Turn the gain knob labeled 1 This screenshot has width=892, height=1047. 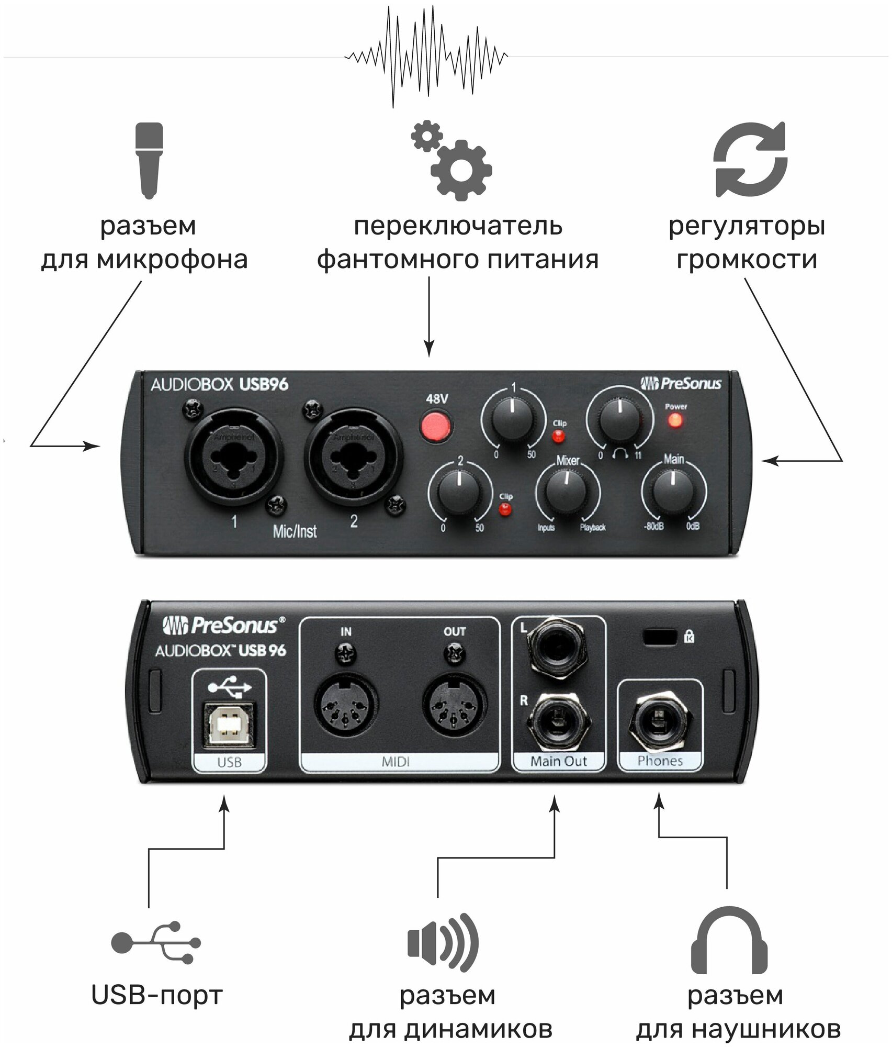pos(514,421)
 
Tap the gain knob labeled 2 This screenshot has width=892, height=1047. pos(460,494)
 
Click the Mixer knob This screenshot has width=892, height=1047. pos(568,494)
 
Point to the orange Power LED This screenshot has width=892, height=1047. pos(675,420)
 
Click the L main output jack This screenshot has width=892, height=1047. pos(558,645)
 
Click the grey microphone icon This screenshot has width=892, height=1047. pos(149,160)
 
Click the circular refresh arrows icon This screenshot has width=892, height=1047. pos(750,160)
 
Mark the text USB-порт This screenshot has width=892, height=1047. pos(157,995)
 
